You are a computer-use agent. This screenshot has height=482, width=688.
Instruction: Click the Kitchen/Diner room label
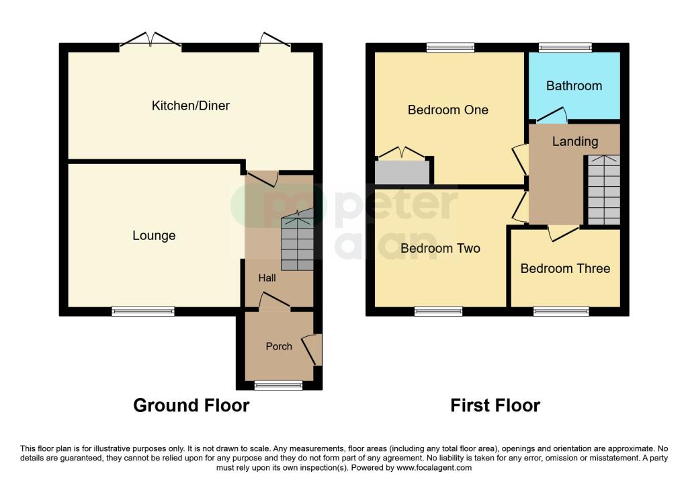coord(190,106)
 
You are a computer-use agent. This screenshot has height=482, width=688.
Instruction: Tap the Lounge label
coord(154,235)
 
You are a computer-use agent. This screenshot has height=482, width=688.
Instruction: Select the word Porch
coord(279,346)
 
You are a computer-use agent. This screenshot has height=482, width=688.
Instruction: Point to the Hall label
coord(267,278)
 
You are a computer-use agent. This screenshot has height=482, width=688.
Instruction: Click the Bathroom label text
coord(574,85)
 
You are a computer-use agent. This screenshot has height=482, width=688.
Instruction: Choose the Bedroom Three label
coord(565,268)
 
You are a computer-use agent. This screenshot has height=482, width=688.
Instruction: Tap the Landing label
coord(574,141)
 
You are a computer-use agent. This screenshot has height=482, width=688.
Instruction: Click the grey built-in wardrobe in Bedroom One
coord(402,172)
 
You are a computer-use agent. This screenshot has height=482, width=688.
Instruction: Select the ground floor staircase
coord(297,242)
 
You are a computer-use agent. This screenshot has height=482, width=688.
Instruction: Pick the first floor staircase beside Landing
coord(603,190)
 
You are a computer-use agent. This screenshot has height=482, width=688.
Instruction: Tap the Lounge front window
coord(143,311)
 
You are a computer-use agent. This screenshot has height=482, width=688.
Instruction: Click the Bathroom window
coord(565,47)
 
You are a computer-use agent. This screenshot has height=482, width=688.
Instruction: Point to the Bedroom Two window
coord(438,311)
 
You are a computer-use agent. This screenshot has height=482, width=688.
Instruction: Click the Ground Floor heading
coord(191,405)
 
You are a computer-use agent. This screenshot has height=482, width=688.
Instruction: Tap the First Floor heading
coord(495,405)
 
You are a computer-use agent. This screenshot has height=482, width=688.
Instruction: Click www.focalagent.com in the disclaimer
coord(434,468)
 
